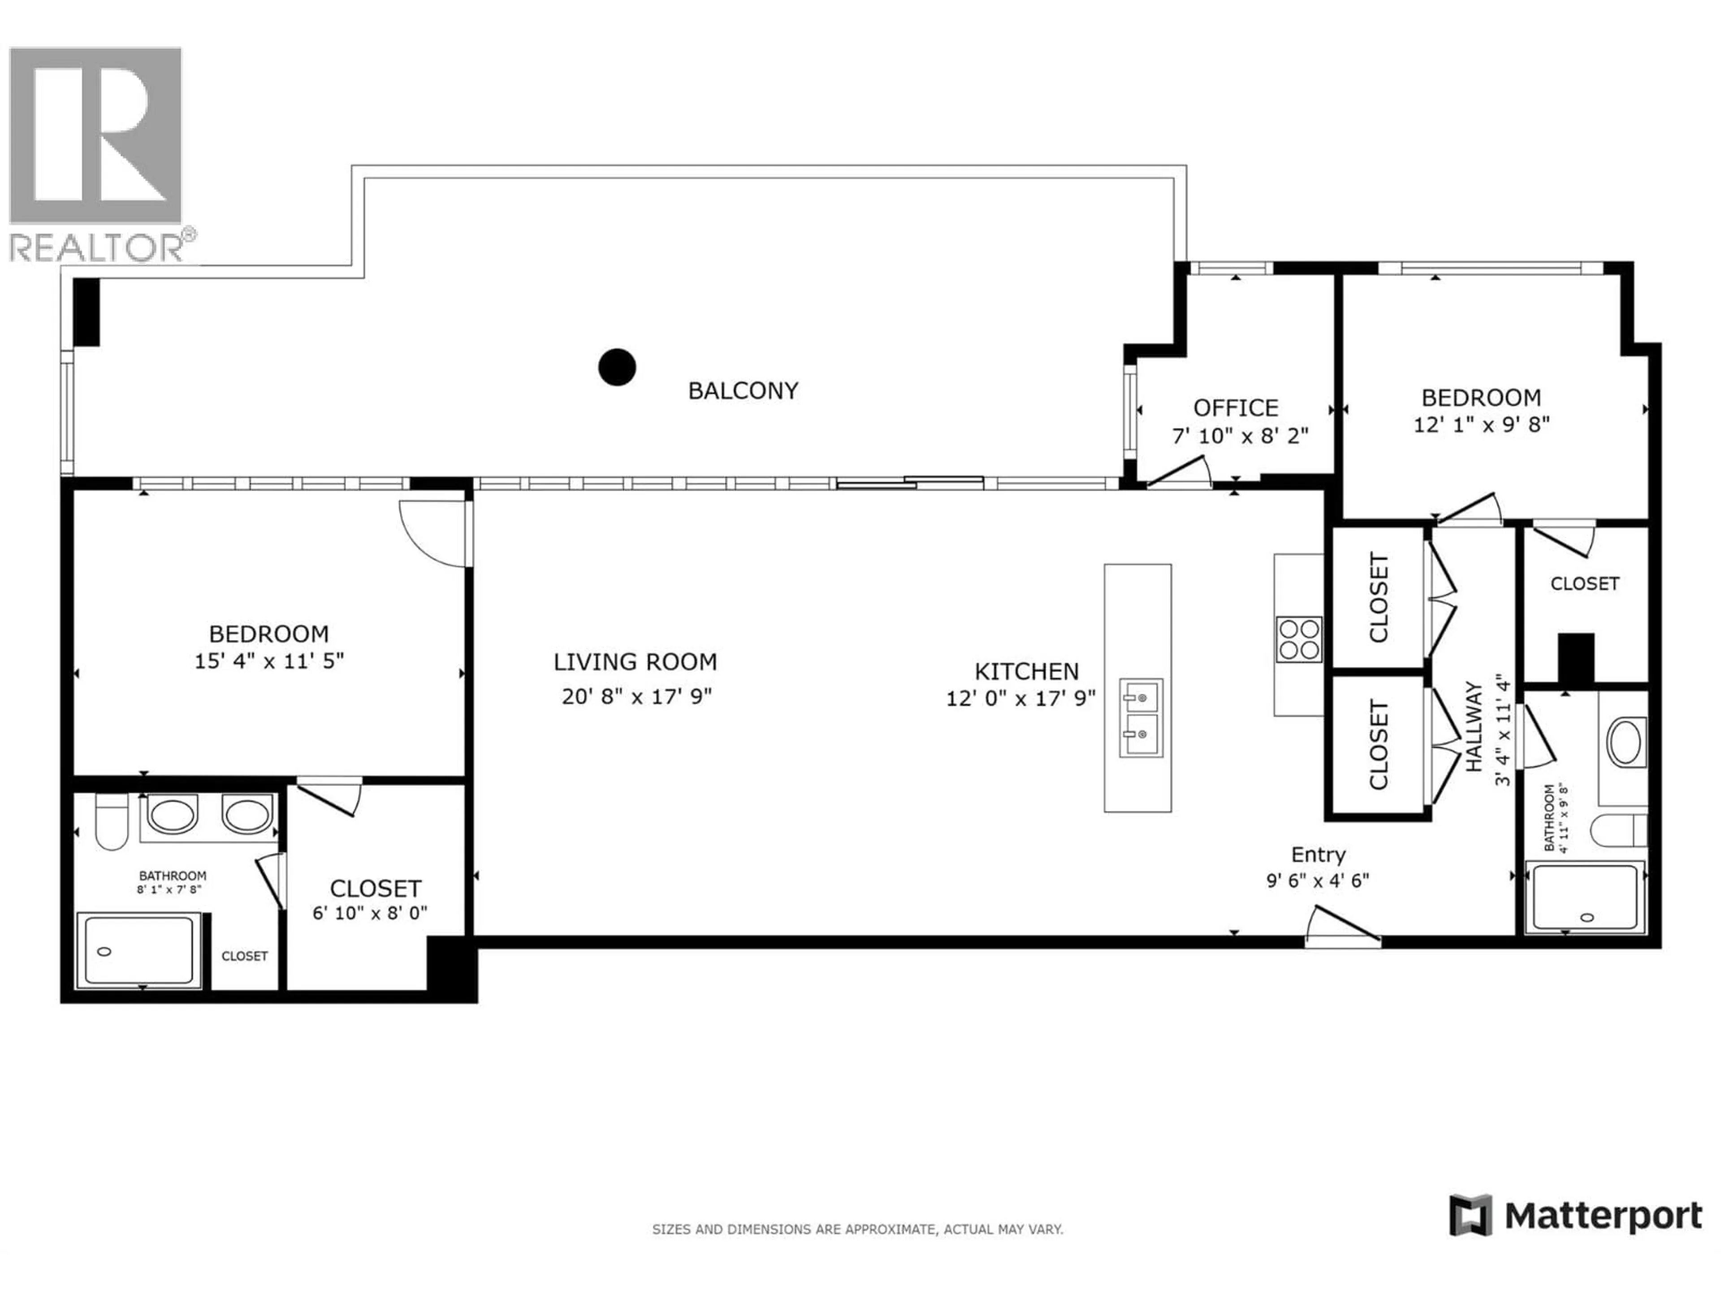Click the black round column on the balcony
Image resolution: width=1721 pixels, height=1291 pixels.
(x=617, y=367)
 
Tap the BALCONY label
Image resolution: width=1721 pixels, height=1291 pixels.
(x=743, y=390)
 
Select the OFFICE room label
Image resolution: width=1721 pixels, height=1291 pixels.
(x=1236, y=408)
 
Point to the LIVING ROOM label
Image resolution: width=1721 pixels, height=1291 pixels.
(x=635, y=662)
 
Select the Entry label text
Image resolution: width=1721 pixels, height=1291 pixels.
(x=1318, y=854)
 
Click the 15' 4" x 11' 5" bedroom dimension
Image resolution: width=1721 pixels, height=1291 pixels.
(x=269, y=661)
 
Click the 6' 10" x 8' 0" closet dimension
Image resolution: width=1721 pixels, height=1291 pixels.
(x=370, y=913)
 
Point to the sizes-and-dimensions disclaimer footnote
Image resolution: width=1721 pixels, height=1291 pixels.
(x=856, y=1230)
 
